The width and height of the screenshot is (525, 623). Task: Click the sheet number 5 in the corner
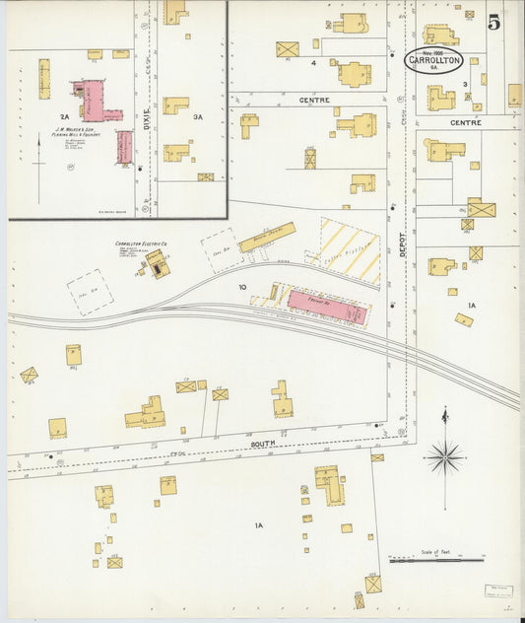click(x=493, y=20)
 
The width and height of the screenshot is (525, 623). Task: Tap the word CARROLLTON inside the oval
click(x=433, y=60)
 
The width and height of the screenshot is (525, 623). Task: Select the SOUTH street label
click(x=263, y=445)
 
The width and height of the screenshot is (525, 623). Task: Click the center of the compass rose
click(x=444, y=456)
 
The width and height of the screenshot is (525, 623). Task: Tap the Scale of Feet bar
click(x=435, y=560)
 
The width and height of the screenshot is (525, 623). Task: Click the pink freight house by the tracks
click(x=326, y=306)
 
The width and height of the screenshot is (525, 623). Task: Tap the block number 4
click(x=313, y=63)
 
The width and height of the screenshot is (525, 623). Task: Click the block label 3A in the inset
click(x=198, y=117)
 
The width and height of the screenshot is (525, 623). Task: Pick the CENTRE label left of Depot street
click(x=314, y=101)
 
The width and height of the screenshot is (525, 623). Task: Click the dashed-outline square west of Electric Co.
click(x=90, y=292)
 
